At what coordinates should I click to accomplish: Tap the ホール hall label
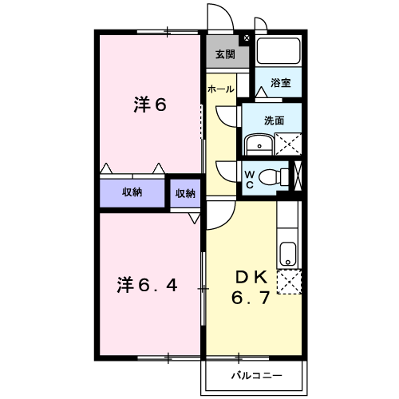click(x=220, y=89)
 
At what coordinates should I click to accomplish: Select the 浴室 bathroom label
click(x=280, y=82)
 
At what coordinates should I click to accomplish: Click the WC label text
click(x=249, y=177)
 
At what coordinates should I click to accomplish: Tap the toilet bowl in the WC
click(x=275, y=176)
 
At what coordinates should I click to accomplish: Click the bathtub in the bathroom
click(x=279, y=52)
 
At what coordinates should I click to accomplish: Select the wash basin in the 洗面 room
click(x=257, y=144)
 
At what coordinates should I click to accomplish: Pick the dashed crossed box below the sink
click(x=288, y=282)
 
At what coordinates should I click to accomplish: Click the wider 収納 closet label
click(x=132, y=192)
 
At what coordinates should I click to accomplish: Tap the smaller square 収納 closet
click(x=185, y=193)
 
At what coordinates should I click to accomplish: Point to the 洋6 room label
click(x=148, y=104)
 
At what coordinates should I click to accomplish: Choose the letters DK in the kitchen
click(x=251, y=277)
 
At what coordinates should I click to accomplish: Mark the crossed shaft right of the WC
click(x=298, y=176)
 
